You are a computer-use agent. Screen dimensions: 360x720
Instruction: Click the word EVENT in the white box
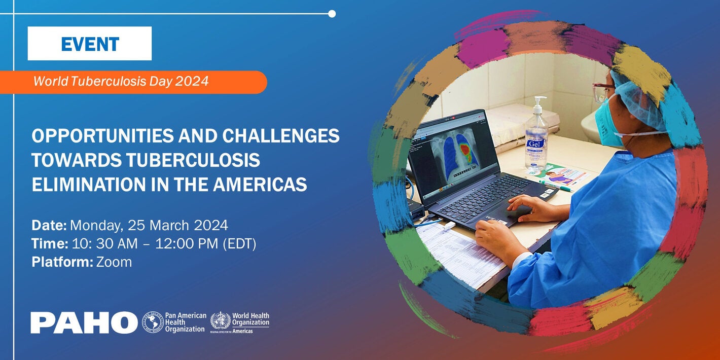click(x=90, y=44)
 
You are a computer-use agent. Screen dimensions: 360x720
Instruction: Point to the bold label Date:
click(x=49, y=225)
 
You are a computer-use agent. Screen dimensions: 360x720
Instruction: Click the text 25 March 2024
click(x=177, y=225)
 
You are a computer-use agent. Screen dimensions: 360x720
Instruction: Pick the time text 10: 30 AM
click(x=104, y=244)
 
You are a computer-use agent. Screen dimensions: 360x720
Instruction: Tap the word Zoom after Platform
click(x=114, y=262)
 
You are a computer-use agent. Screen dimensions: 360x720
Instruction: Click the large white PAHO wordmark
click(x=84, y=322)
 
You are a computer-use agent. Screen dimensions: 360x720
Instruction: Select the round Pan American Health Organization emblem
click(x=153, y=322)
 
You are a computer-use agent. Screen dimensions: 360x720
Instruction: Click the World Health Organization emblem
click(x=220, y=320)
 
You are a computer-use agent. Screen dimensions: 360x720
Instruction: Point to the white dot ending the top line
click(x=332, y=14)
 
